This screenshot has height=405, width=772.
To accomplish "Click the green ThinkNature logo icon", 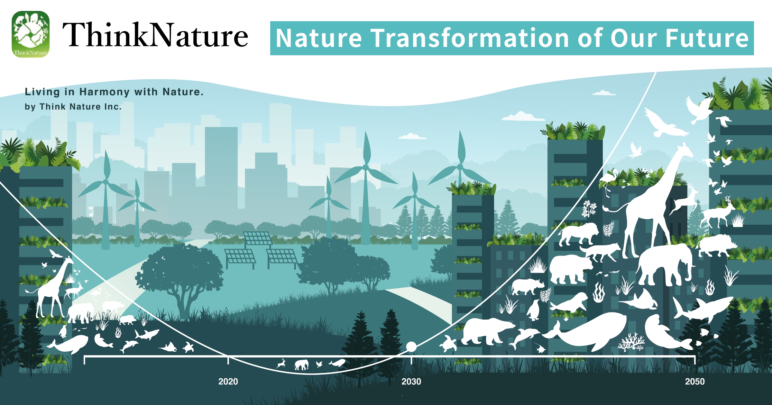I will click(x=31, y=34).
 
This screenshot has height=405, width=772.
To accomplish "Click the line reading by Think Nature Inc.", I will click(x=73, y=107).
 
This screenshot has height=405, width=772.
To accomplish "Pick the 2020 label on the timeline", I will click(x=228, y=382).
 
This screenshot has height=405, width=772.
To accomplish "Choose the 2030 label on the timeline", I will click(x=411, y=382).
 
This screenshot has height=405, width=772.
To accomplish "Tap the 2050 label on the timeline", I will click(x=695, y=382).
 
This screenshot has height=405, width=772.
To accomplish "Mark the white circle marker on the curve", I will click(x=411, y=347).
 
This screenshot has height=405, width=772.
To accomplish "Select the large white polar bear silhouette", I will click(x=486, y=331).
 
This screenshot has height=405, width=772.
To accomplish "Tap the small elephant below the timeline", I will click(x=301, y=365).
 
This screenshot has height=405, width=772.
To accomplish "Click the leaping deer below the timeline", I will click(x=281, y=364).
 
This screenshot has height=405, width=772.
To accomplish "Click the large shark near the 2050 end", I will click(x=703, y=309).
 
